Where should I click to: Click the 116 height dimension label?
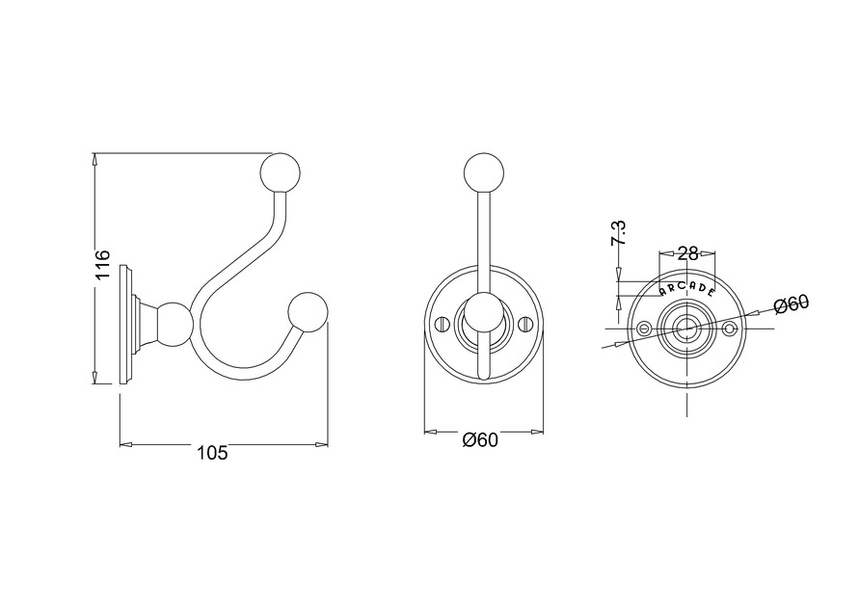pyautogui.click(x=103, y=266)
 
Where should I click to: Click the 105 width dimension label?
pyautogui.click(x=212, y=453)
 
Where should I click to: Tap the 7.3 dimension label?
pyautogui.click(x=620, y=233)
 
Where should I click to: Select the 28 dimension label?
pyautogui.click(x=688, y=253)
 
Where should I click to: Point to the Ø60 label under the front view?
pyautogui.click(x=480, y=439)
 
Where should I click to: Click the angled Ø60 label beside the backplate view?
pyautogui.click(x=792, y=303)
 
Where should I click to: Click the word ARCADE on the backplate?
pyautogui.click(x=687, y=289)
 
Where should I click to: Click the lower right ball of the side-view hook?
pyautogui.click(x=308, y=313)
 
